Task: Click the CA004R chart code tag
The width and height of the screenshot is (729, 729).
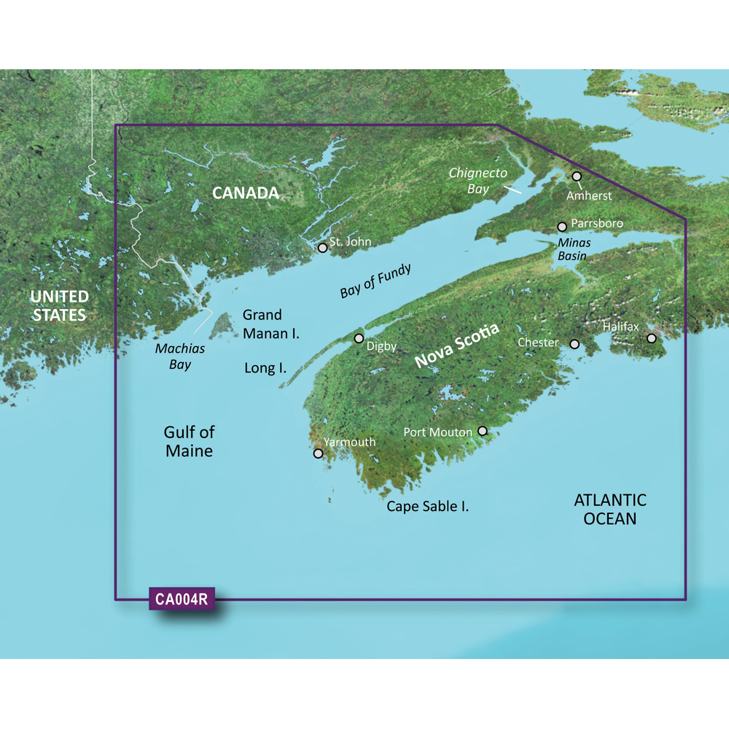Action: point(182,600)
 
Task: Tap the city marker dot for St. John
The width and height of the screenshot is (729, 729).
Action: point(322,248)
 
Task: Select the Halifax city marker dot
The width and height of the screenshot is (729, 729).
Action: point(652,338)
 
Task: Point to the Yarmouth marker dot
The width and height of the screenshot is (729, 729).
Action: point(318,453)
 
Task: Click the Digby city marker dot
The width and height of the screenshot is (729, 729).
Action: point(359,338)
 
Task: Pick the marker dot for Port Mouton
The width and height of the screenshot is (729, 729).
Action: point(482,432)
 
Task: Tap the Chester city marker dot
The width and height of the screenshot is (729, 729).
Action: point(574,344)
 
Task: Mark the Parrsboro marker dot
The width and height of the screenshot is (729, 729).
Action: point(562,227)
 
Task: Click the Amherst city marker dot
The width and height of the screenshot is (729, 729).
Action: point(577,176)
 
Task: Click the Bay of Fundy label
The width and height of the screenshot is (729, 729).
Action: point(375,281)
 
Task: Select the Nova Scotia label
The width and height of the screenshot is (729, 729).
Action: point(457,346)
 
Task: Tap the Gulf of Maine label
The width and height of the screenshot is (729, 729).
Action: point(189,442)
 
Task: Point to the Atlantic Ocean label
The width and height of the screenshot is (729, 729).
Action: point(610,510)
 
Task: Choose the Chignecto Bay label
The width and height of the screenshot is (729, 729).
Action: point(477,180)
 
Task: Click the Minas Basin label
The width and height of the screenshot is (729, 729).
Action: point(572,249)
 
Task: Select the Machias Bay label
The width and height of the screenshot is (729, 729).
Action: point(180,356)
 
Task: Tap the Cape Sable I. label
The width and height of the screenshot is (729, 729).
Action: point(427,506)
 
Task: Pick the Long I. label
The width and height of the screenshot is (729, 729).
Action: point(265,368)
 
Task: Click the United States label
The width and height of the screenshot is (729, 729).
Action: point(59,306)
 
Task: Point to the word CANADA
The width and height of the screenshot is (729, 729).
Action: point(246,193)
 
